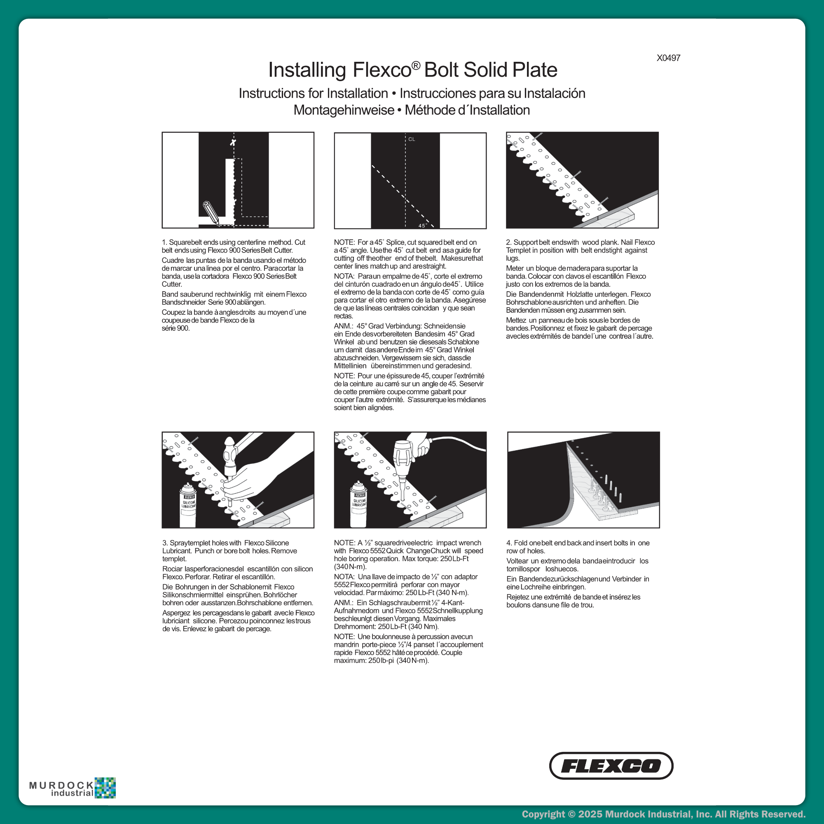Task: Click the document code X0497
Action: click(x=668, y=58)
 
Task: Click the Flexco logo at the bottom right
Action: click(x=611, y=765)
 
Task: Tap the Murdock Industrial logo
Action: click(x=73, y=788)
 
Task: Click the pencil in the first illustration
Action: click(x=211, y=213)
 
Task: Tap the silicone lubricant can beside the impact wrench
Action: click(x=359, y=503)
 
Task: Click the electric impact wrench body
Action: click(x=403, y=456)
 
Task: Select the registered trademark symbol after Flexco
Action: click(x=416, y=65)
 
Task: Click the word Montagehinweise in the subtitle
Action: click(x=344, y=110)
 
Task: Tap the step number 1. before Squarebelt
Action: click(x=165, y=242)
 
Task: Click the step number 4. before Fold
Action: click(x=509, y=543)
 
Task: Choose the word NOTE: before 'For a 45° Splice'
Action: click(x=344, y=242)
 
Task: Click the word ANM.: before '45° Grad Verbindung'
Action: click(x=343, y=326)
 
